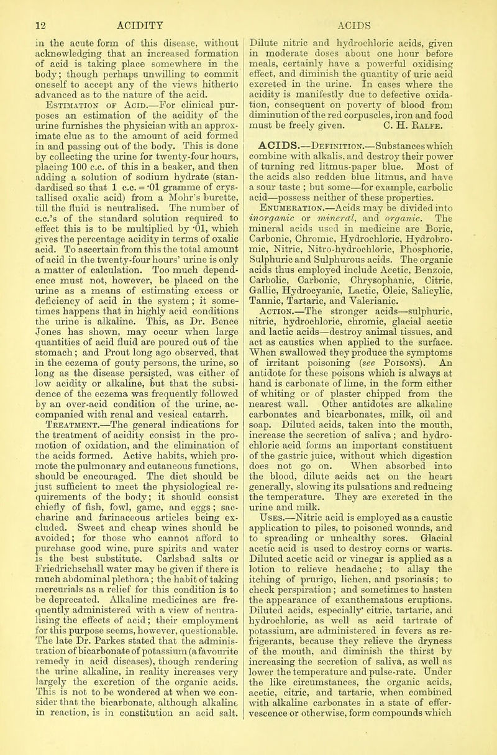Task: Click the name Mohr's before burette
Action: pos(150,181)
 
